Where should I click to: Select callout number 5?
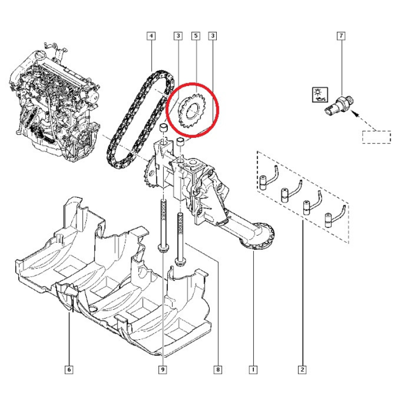pyautogui.click(x=195, y=36)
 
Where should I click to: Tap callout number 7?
pyautogui.click(x=341, y=36)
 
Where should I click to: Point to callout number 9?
pyautogui.click(x=163, y=370)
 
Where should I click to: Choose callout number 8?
pyautogui.click(x=218, y=370)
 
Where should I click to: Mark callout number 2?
pyautogui.click(x=303, y=370)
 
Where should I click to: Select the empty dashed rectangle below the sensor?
pyautogui.click(x=376, y=137)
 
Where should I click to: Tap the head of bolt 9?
pyautogui.click(x=162, y=248)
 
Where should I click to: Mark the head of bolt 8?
pyautogui.click(x=179, y=261)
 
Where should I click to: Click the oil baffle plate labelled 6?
pyautogui.click(x=112, y=285)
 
